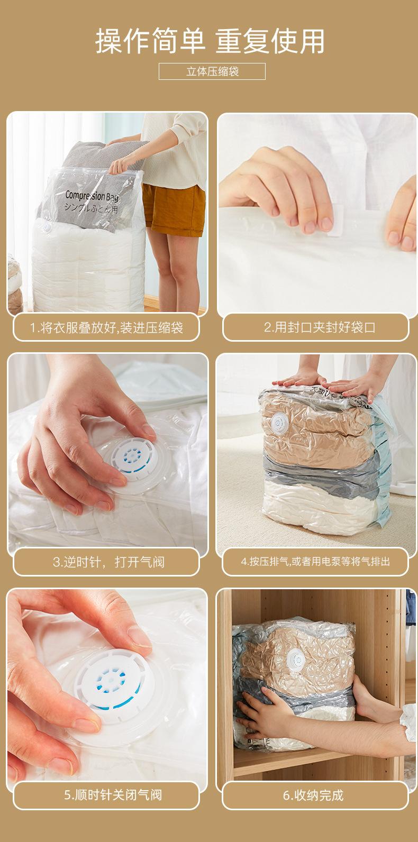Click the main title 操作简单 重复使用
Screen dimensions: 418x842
pos(210,41)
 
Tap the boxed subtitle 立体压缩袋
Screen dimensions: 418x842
pos(212,71)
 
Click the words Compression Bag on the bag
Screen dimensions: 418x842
pos(92,196)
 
